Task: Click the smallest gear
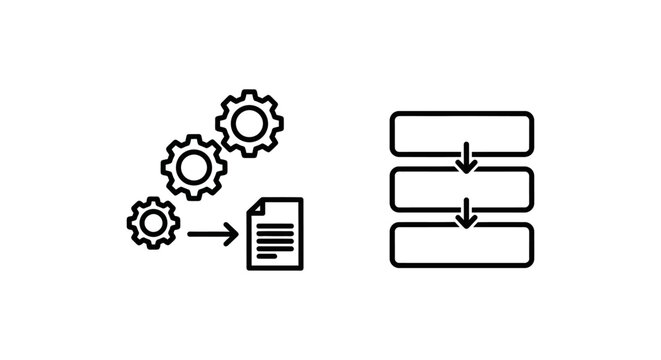[153, 222]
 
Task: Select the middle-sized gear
[194, 166]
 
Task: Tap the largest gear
[249, 123]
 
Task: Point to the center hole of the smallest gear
[153, 222]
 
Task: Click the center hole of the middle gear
[194, 166]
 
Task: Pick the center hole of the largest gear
[249, 123]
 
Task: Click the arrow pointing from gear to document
[212, 235]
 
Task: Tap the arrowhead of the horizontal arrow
[233, 235]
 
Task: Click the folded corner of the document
[255, 206]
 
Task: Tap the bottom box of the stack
[461, 245]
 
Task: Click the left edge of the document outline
[249, 240]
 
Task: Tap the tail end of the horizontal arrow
[191, 235]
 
